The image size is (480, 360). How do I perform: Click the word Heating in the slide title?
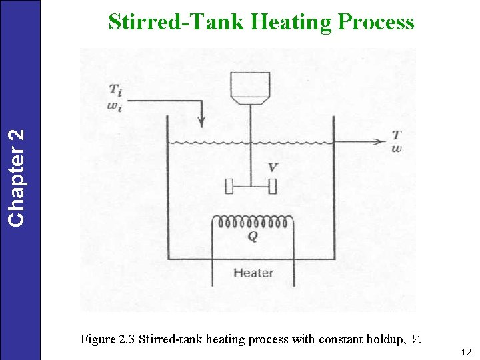[291, 23]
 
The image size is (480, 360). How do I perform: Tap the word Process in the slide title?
[376, 23]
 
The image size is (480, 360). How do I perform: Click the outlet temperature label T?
[397, 135]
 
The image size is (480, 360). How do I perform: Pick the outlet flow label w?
[397, 148]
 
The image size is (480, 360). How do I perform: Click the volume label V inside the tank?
[272, 167]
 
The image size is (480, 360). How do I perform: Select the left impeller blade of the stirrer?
[229, 186]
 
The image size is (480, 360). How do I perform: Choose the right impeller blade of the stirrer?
[272, 186]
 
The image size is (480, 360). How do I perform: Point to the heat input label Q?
[253, 236]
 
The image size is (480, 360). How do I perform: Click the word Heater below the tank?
[253, 272]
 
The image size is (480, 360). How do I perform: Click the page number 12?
[465, 351]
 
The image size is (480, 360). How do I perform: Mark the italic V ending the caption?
[415, 339]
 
